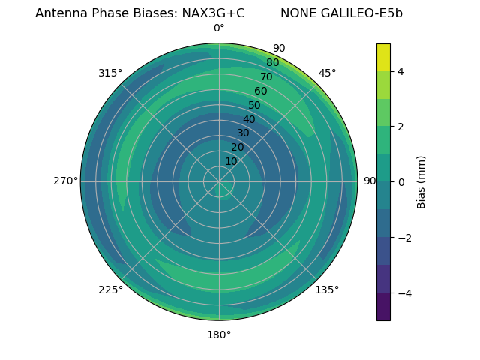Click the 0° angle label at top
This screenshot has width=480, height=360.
coord(219,28)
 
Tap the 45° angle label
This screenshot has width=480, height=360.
coord(327,73)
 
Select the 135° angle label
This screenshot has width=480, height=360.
coord(327,289)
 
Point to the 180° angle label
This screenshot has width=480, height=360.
coord(219,334)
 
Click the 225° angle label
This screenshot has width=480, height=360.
coord(110,289)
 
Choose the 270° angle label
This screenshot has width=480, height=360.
coord(65,181)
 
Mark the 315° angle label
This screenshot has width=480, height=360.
coord(110,73)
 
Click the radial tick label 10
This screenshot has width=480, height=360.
coord(231,161)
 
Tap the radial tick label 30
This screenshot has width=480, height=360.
coord(243,133)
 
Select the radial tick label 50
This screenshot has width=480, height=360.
coord(254,105)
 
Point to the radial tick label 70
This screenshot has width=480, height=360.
coord(266,76)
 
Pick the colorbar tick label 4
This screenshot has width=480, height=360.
coord(400,71)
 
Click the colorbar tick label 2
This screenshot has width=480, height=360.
coord(400,127)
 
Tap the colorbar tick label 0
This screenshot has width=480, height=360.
coord(400,181)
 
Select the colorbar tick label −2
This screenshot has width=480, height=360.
coord(403,237)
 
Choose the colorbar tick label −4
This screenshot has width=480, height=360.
coord(403,292)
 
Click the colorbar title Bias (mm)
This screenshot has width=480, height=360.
coord(421,181)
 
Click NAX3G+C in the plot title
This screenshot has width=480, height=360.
coord(213,13)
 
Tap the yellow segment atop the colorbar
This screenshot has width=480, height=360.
coord(383,57)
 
